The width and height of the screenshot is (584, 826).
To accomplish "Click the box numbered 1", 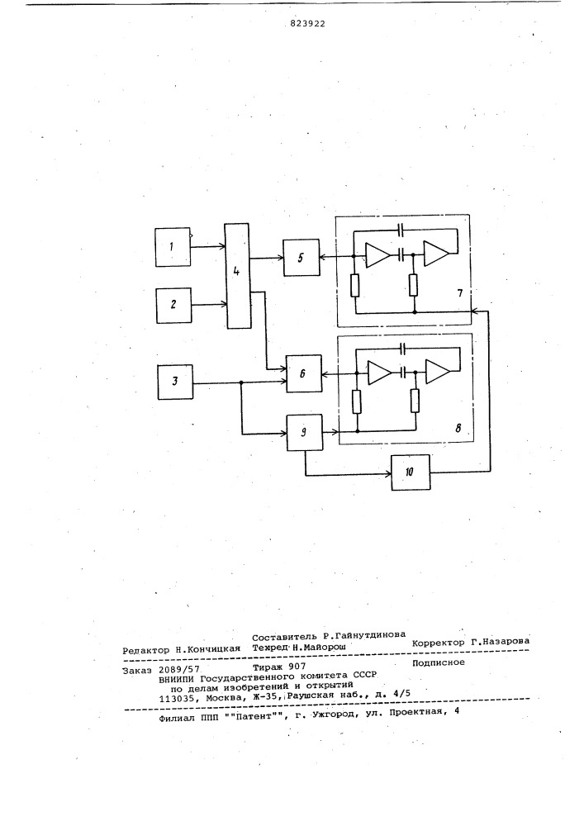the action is point(173,246).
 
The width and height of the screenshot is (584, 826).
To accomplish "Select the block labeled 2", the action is point(173,305).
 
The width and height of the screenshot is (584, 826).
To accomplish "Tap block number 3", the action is point(175,382).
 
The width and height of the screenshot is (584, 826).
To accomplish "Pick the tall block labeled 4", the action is point(238,276).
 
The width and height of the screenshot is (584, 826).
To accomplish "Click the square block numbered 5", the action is point(301,258).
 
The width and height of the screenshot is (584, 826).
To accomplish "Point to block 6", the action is point(303,373).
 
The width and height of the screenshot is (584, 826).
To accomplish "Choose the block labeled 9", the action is point(304,432).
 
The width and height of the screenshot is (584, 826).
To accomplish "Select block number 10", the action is point(411,472).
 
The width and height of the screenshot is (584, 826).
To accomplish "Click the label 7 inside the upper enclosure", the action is point(460,293).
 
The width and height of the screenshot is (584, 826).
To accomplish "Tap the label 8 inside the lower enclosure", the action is point(458,428).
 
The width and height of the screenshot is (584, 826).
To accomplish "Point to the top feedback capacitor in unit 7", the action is point(401,230).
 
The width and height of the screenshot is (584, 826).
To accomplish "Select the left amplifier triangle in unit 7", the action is point(377,255).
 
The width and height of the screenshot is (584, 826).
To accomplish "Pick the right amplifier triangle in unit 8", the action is point(438,372).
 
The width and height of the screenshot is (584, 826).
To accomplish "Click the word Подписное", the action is point(438,662).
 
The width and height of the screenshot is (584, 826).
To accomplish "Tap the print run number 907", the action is point(297,667).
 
